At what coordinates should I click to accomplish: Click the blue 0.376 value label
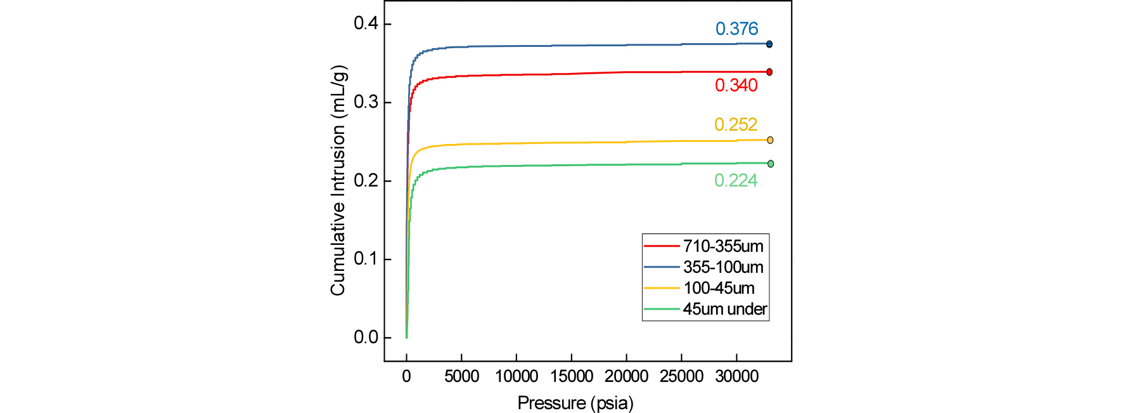click(736, 29)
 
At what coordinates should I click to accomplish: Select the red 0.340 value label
click(736, 86)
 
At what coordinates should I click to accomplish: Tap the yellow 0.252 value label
click(735, 125)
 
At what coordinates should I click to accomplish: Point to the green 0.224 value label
click(735, 181)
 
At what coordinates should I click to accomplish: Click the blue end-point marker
click(769, 44)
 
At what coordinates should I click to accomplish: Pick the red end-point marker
click(769, 72)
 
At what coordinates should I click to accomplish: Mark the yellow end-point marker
click(770, 140)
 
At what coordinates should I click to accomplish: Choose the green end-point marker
click(771, 164)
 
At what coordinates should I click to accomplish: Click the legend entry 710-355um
click(722, 246)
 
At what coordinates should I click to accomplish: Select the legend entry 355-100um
click(722, 267)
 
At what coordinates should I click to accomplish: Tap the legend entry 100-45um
click(719, 288)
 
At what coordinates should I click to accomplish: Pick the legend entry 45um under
click(724, 309)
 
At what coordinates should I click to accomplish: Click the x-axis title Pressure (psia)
click(575, 403)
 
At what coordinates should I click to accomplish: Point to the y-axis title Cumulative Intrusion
click(338, 181)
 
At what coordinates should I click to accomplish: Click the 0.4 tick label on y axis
click(366, 23)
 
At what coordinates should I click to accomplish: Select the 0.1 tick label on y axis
click(366, 259)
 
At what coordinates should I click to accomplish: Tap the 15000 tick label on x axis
click(571, 376)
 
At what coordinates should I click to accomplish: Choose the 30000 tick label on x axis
click(736, 376)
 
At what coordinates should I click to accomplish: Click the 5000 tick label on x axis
click(461, 376)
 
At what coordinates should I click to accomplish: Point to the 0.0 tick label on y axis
click(366, 338)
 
